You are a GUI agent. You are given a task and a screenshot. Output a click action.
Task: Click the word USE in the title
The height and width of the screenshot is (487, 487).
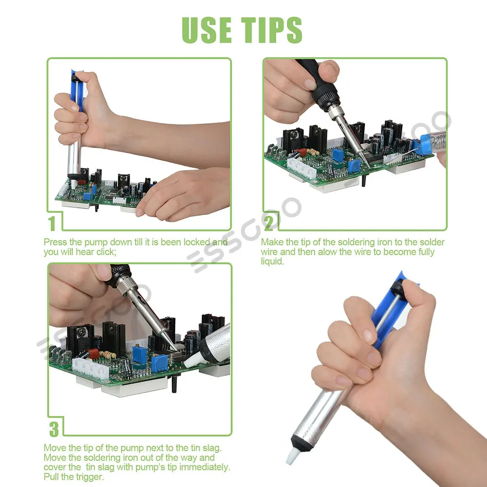[x=206, y=30]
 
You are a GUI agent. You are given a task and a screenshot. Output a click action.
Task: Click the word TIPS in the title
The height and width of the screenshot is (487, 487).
[x=272, y=30]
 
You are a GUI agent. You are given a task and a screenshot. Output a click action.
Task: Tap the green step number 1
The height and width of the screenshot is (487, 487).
[x=52, y=224]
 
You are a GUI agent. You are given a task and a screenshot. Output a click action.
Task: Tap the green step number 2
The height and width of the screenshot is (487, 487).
[x=269, y=223]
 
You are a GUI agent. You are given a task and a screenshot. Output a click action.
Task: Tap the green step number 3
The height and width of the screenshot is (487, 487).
[x=54, y=429]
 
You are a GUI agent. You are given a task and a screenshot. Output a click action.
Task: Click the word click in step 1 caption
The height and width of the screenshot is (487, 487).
[x=105, y=252]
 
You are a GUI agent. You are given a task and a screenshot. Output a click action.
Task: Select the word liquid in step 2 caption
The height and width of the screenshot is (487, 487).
[x=272, y=261]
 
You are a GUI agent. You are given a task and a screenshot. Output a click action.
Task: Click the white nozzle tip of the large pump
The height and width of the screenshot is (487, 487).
[x=293, y=456]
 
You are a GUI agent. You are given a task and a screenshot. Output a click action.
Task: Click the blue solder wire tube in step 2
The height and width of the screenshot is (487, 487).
[x=424, y=145]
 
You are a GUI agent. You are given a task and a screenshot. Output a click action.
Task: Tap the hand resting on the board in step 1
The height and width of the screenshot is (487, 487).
[x=183, y=194]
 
